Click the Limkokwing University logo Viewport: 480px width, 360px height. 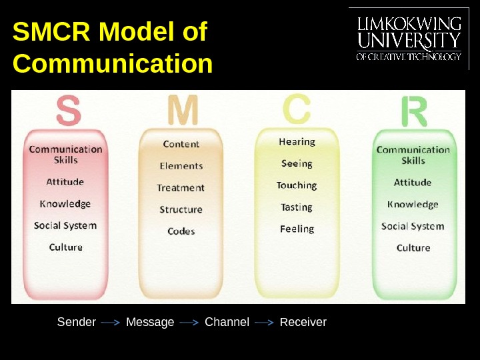[409, 39]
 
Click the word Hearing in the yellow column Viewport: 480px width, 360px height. [297, 142]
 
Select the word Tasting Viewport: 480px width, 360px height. [297, 207]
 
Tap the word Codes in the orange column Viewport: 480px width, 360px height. [181, 231]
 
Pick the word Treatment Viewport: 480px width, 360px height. [181, 188]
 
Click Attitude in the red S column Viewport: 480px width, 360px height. [65, 182]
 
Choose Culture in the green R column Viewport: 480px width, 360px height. [413, 248]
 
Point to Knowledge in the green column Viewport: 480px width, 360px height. [413, 205]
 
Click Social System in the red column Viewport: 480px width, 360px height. [65, 225]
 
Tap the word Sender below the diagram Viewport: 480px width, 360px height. [77, 323]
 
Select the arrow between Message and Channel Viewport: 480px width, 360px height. [189, 323]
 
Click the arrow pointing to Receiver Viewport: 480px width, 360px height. [265, 323]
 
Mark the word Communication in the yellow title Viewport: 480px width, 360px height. [113, 65]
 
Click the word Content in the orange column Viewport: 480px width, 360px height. [181, 144]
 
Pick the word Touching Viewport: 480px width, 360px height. [297, 185]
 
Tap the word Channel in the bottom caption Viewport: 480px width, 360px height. [227, 323]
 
